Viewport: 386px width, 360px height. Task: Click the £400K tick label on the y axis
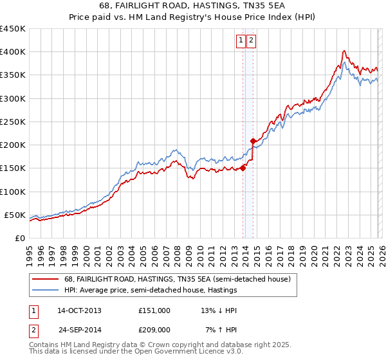[x=13, y=52]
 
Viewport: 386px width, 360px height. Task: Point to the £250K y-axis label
[x=13, y=122]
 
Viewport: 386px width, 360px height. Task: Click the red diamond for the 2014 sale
[x=253, y=141]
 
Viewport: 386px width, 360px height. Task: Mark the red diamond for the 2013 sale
[x=243, y=168]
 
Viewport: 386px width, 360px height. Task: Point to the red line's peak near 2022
[x=345, y=51]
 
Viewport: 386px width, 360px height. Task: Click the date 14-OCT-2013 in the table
[x=79, y=310]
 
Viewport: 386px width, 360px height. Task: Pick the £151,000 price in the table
[x=154, y=310]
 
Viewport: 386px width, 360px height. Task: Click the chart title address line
[x=193, y=6]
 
